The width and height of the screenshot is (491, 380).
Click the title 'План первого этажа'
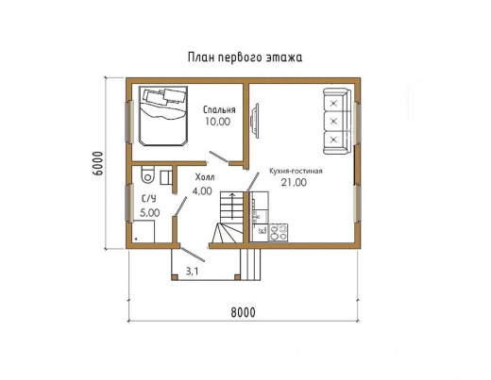tap(245, 58)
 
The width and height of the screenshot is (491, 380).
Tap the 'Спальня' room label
tap(219, 109)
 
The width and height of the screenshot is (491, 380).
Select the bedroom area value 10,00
tap(218, 122)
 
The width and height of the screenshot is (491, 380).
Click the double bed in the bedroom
tap(163, 116)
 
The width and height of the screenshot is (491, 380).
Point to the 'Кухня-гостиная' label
tap(296, 171)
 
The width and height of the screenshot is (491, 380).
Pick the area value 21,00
tap(294, 182)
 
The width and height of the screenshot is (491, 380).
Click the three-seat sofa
tap(336, 121)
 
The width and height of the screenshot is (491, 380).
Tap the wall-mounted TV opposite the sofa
tap(254, 120)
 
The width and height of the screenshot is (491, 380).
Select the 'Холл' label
tap(205, 177)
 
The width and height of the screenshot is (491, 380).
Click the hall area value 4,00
tap(202, 190)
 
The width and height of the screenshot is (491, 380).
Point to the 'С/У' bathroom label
tap(148, 199)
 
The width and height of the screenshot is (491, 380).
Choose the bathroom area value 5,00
tap(149, 213)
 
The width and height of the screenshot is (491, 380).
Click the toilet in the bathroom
tap(148, 174)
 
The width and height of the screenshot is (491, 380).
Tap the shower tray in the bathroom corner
tap(144, 231)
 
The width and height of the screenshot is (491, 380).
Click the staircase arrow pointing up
tap(232, 207)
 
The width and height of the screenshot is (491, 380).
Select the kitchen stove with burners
tap(279, 232)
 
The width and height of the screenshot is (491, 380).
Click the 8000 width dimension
tap(243, 313)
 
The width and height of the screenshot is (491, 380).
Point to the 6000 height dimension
tap(98, 163)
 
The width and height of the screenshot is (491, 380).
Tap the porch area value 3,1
tap(192, 272)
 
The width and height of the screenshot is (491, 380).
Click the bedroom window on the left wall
tap(129, 121)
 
